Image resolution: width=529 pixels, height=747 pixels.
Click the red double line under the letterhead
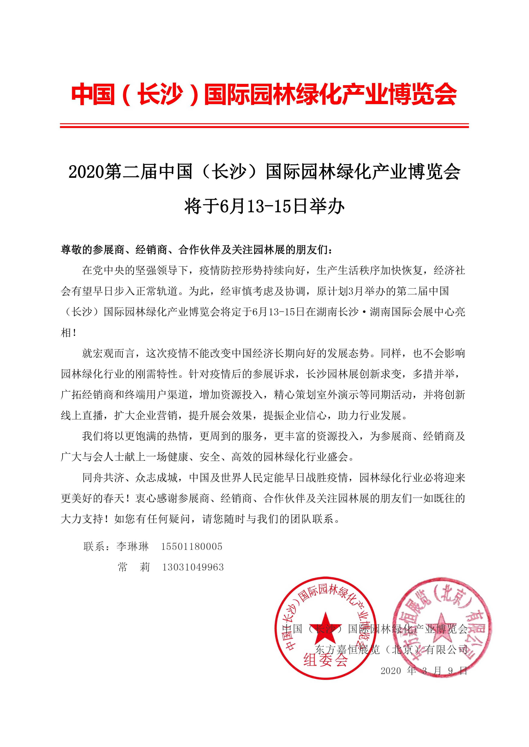(x=264, y=126)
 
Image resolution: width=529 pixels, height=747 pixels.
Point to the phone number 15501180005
(x=192, y=547)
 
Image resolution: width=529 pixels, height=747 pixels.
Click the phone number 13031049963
(x=193, y=567)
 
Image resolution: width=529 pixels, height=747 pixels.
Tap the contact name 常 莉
(x=134, y=567)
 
